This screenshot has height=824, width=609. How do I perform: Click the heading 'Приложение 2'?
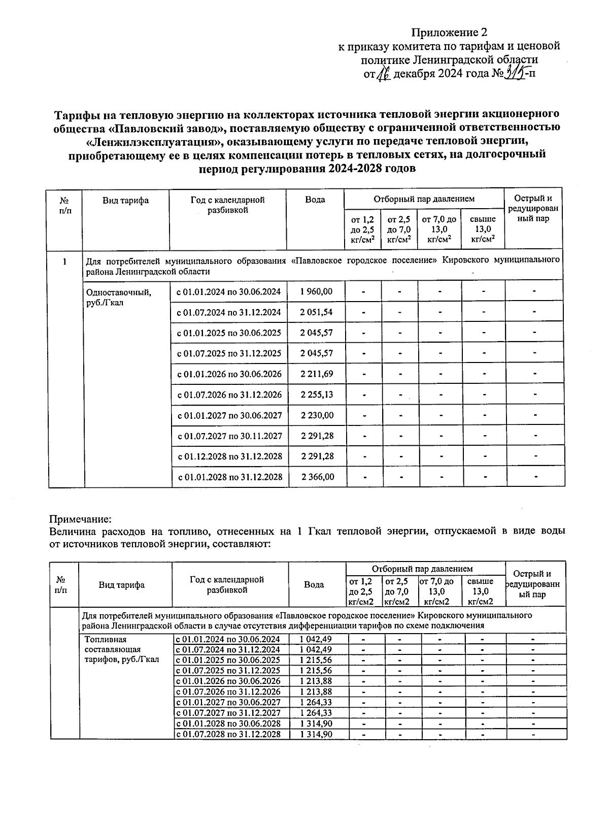click(445, 33)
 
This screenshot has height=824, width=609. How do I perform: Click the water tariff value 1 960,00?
click(316, 291)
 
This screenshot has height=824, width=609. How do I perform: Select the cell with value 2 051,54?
click(316, 312)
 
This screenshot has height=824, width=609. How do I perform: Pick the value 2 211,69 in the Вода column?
click(316, 374)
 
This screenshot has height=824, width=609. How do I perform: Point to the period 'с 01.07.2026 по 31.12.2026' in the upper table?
click(229, 394)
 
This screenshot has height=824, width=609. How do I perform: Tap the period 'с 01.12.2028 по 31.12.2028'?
click(229, 456)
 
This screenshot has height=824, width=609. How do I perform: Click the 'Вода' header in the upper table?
click(315, 200)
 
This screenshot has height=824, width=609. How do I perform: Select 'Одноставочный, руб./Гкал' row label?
click(119, 297)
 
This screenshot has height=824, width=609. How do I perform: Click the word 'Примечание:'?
click(80, 519)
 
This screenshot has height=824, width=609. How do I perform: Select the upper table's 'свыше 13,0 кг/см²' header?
click(483, 229)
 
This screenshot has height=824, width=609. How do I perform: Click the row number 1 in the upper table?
click(64, 262)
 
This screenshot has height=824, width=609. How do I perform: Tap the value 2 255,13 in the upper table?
click(316, 394)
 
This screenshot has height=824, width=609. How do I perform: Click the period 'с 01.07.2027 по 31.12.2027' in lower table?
click(228, 713)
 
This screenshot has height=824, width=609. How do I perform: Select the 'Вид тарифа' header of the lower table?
click(122, 585)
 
